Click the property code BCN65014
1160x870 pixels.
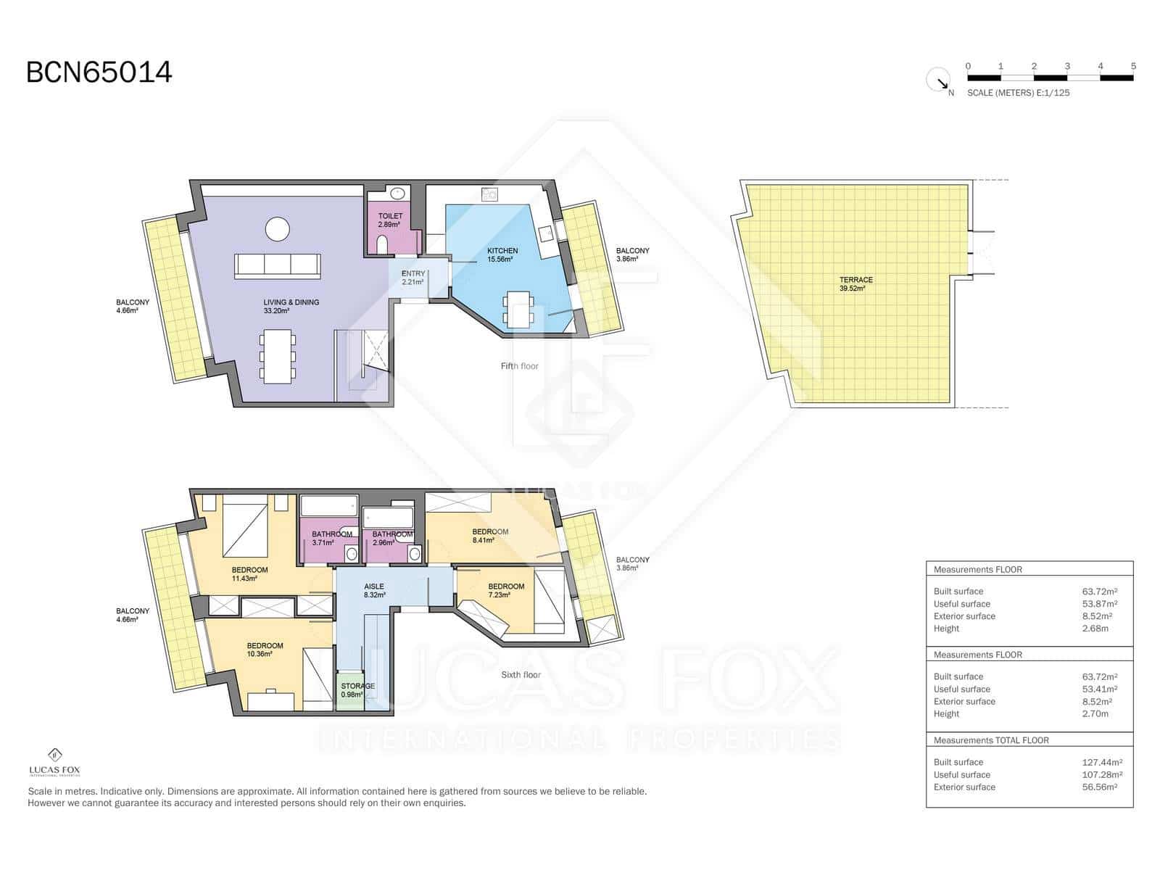[x=99, y=72]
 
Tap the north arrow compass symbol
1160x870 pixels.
[x=939, y=80]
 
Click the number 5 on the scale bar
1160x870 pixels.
[x=1133, y=66]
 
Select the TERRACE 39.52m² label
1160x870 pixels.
[x=856, y=283]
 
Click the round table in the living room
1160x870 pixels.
[x=278, y=229]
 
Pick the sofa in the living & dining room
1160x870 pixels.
[x=277, y=266]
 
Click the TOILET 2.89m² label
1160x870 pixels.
[x=390, y=220]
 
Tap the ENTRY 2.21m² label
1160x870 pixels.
[x=413, y=278]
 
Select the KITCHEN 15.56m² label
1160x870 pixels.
[x=502, y=254]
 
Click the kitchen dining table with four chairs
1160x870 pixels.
[x=519, y=310]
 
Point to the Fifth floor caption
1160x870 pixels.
[x=519, y=366]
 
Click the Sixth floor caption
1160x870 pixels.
[x=521, y=675]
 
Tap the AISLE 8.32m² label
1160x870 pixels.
[x=374, y=590]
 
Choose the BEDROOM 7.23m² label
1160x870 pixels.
[x=505, y=590]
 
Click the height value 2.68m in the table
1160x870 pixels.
[x=1095, y=629]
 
